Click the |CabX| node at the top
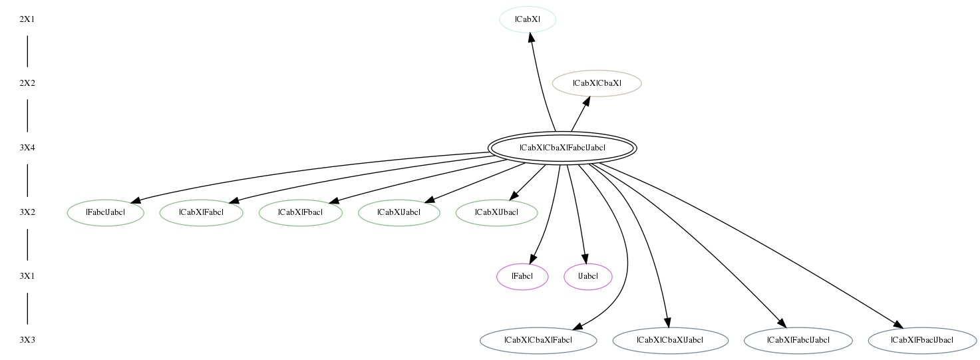tap(528, 19)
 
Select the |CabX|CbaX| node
tap(597, 83)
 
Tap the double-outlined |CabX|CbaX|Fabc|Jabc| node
tap(562, 148)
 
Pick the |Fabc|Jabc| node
tap(105, 212)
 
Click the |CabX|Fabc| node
tap(201, 212)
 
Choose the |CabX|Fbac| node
tap(301, 212)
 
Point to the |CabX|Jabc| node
tap(399, 212)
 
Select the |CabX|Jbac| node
tap(496, 212)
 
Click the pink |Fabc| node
tap(522, 276)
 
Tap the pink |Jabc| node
tap(588, 276)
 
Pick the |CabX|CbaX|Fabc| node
tap(538, 340)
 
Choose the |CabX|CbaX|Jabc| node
tap(670, 340)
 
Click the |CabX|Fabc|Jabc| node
tap(798, 340)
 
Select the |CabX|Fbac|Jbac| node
tap(922, 340)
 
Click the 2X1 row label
tap(27, 19)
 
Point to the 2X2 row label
tap(27, 83)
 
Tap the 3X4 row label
tap(27, 148)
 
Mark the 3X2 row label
tap(27, 212)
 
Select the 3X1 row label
tap(27, 276)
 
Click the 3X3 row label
tap(27, 340)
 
